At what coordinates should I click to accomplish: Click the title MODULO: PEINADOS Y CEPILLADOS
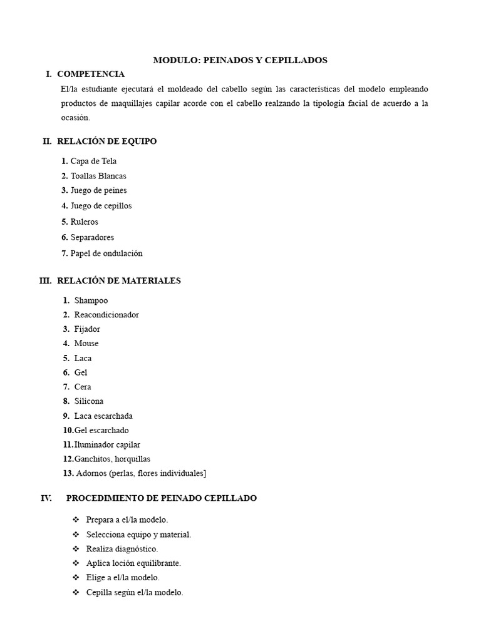[240, 60]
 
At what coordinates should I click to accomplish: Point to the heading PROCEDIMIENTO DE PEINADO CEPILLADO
[161, 498]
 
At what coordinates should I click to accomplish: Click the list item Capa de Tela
[93, 162]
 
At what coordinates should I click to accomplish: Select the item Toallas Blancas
[98, 176]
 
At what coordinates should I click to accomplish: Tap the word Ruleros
[84, 222]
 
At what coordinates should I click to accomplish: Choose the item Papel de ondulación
[106, 254]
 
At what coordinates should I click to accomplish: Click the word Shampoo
[91, 300]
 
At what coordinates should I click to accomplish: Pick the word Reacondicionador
[106, 315]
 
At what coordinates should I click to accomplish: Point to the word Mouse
[86, 344]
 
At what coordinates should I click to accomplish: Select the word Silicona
[89, 401]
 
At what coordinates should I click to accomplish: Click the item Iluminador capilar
[107, 445]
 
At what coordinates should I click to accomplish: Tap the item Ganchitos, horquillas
[112, 459]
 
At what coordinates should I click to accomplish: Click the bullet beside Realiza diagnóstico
[76, 549]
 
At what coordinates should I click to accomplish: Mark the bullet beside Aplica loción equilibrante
[76, 563]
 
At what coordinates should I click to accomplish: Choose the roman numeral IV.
[46, 498]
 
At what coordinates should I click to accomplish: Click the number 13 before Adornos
[68, 474]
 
